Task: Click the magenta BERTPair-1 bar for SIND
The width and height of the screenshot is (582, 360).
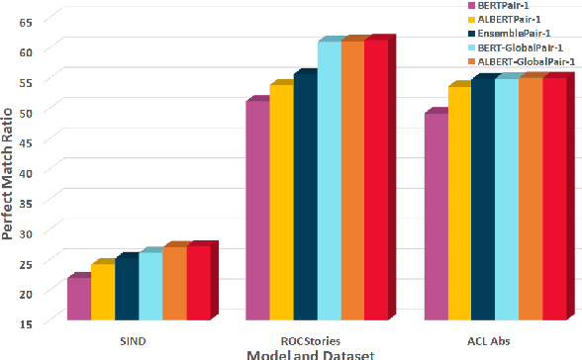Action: [78, 300]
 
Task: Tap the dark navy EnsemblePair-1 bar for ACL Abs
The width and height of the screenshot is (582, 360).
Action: [482, 200]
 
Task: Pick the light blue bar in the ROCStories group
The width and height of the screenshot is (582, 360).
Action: [329, 182]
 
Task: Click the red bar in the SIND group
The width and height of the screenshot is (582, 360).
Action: [198, 283]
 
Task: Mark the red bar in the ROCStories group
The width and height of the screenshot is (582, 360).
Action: [376, 181]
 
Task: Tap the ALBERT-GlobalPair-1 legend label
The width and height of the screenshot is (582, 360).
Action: [519, 62]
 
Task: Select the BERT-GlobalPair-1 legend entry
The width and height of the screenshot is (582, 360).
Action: [517, 47]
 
